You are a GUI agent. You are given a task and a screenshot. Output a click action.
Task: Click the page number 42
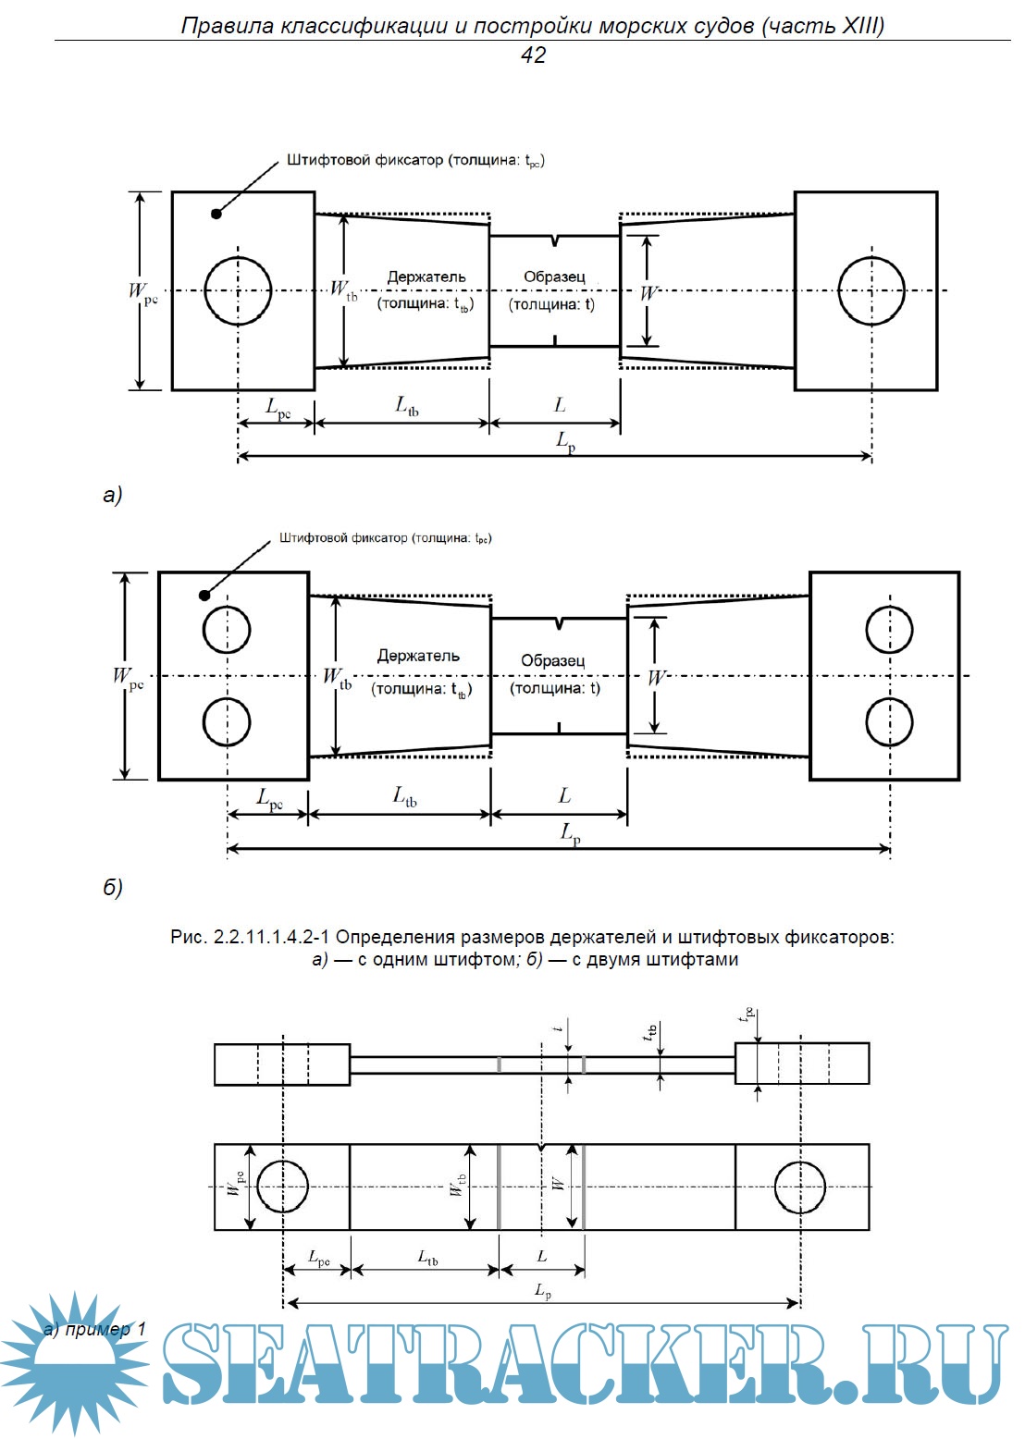(533, 55)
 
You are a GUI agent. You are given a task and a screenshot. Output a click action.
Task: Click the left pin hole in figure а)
(238, 290)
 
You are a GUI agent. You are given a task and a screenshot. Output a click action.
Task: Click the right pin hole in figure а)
(871, 290)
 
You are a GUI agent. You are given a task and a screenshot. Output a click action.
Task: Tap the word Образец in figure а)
(554, 277)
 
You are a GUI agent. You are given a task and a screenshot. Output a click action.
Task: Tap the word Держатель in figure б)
(418, 656)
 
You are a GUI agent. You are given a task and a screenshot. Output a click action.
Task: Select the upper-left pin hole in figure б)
(227, 630)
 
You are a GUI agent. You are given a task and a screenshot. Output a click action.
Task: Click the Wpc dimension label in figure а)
(142, 292)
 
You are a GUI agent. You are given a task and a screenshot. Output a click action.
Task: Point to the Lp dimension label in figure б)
(571, 833)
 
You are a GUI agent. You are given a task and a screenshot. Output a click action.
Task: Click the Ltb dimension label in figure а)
(407, 405)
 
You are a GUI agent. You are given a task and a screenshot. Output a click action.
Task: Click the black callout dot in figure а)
(216, 214)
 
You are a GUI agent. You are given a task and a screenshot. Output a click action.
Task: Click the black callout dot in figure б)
(204, 595)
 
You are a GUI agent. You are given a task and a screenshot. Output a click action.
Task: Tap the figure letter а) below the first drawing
(112, 495)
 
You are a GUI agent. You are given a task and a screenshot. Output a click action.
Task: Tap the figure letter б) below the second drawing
(112, 888)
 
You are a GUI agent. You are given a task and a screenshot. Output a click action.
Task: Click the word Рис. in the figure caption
(189, 937)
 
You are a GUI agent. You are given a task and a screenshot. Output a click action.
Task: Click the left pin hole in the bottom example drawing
(282, 1187)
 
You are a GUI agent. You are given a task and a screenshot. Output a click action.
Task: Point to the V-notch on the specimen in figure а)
(554, 241)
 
